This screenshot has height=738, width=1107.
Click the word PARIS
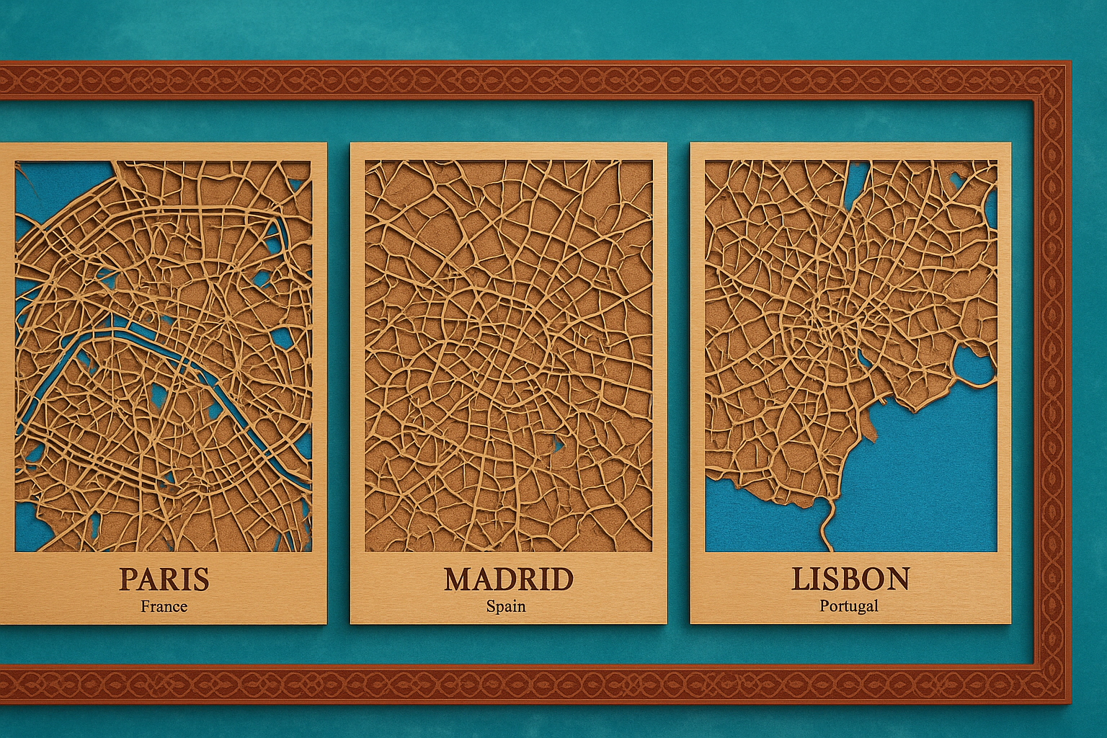coord(164,579)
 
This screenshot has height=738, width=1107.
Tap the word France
coord(164,606)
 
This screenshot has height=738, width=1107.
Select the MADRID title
coord(508,579)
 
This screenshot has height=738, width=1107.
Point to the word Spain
coord(506,606)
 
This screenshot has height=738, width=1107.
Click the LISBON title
coord(850,579)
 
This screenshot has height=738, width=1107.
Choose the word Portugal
coord(849,606)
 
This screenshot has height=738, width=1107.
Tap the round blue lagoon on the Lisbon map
coord(975,364)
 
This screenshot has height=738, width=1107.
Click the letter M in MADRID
coord(460,579)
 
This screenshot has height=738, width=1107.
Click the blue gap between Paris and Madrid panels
coord(338,382)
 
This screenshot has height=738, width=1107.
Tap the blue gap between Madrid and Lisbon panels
coord(678,382)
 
